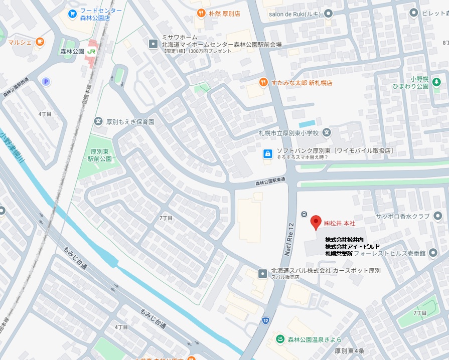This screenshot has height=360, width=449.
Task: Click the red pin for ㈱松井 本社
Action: (316, 222)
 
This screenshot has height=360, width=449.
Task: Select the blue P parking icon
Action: (46, 82)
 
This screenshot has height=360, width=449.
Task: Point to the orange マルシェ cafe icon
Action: (40, 42)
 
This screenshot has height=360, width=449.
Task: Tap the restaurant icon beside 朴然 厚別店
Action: (201, 14)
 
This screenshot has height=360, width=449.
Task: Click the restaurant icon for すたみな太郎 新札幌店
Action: (263, 82)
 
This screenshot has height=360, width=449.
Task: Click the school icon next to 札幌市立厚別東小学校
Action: (327, 133)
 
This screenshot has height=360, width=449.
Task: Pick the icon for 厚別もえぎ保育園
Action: (98, 121)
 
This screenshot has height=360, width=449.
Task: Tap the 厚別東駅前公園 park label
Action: (100, 154)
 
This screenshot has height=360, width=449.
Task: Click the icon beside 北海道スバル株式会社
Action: (262, 273)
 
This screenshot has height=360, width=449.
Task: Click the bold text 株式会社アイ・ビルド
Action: (352, 246)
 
